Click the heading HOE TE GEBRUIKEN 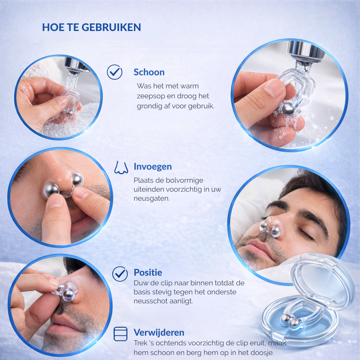(x=91, y=27)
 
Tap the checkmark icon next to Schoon (x=114, y=72)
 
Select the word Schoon (x=149, y=72)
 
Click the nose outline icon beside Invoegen (x=121, y=167)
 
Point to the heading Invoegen (x=153, y=167)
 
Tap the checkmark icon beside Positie (x=120, y=274)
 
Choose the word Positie (x=148, y=273)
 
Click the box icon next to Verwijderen (x=121, y=334)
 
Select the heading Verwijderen (x=159, y=332)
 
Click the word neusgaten (x=152, y=198)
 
